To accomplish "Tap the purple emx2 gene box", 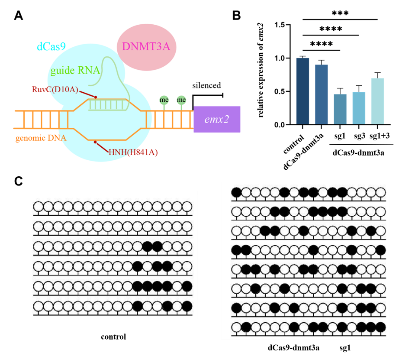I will tap(217, 119).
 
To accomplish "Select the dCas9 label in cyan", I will tap(51, 46).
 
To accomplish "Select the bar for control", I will tap(303, 91).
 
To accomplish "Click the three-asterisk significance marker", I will tap(340, 13).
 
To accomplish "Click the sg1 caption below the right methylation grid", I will tap(345, 347).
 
